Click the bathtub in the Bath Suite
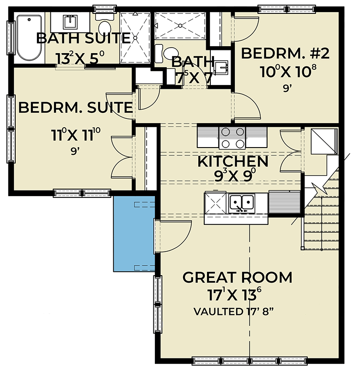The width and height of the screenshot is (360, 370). tap(29, 38)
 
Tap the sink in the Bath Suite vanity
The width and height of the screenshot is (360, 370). tap(70, 22)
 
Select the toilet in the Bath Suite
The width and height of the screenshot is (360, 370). tap(104, 24)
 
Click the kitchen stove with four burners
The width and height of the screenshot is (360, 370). tap(232, 138)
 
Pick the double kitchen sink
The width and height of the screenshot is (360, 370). tap(242, 203)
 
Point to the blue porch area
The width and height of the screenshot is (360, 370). tap(134, 234)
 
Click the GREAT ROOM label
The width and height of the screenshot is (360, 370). tap(238, 277)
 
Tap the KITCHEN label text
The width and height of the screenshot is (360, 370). tap(233, 161)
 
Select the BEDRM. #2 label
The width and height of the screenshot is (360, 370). tap(285, 53)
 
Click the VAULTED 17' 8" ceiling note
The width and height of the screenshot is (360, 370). tap(234, 311)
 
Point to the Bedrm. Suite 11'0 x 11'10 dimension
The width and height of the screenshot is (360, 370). tap(76, 135)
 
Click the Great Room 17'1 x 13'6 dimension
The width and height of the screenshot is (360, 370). tap(235, 294)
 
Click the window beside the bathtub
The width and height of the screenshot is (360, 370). tap(11, 38)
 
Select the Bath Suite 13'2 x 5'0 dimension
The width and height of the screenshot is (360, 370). tap(80, 58)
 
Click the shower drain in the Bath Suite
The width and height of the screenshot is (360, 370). tap(135, 38)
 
